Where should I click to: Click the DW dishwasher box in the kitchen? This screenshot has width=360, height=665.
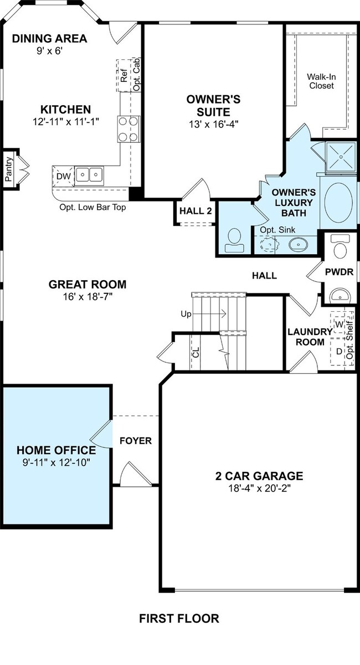point(63,176)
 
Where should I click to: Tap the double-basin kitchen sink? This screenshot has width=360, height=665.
point(89,175)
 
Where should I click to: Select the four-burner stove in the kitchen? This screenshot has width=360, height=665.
point(128,129)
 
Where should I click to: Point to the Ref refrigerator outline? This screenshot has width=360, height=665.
point(124,76)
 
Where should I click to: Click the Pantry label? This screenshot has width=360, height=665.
point(9,169)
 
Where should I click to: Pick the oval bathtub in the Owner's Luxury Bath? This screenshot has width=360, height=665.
point(338,202)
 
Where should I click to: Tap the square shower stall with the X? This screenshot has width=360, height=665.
point(341,157)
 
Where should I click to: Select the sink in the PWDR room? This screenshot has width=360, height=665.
point(340,295)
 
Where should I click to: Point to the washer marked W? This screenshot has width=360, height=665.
point(338,324)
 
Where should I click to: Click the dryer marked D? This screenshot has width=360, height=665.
point(338,352)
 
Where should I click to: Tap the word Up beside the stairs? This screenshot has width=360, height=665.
point(186,314)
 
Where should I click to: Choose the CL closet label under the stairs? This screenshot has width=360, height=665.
point(196,352)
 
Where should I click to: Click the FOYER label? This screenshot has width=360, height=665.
point(136,441)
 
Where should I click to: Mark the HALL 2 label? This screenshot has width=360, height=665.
point(196,211)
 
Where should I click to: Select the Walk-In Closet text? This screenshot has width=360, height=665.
point(321,81)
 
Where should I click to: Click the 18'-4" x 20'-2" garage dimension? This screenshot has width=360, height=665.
point(259,488)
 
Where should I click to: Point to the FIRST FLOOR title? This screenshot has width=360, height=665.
point(179,619)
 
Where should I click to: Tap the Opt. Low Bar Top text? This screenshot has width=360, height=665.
point(92,207)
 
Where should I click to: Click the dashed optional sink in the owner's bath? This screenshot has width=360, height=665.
point(270,245)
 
